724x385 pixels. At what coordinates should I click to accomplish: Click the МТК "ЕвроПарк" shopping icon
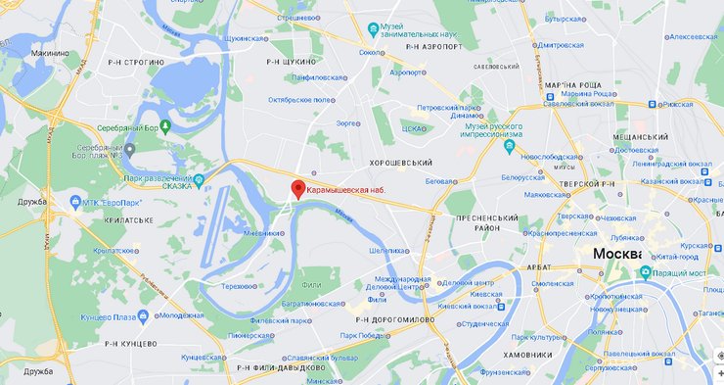click(75, 203)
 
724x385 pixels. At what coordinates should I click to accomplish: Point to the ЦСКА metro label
click(414, 128)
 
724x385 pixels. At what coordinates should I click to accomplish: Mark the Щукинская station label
click(246, 38)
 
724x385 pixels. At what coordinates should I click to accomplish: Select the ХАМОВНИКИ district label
click(528, 355)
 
